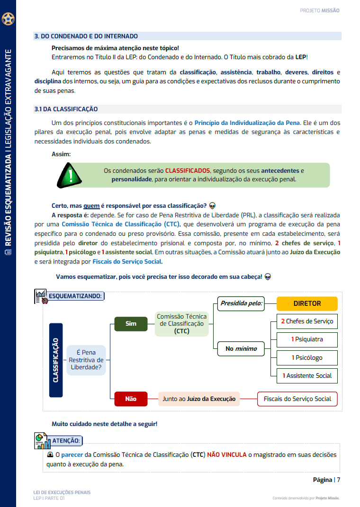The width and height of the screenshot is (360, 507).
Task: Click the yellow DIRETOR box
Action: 307,303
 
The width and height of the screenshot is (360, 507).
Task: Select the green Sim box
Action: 131,324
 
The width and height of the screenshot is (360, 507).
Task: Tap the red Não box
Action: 131,399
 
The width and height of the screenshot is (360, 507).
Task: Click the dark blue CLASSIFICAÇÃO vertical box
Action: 56,360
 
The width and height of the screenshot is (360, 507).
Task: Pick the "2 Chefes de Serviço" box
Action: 307,321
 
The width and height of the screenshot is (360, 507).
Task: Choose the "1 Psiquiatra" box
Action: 307,339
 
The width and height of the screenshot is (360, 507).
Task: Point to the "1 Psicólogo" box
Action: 307,357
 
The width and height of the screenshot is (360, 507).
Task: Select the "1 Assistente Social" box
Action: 307,375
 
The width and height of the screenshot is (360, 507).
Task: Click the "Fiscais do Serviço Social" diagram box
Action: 297,399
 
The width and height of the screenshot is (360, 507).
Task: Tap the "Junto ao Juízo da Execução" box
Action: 199,399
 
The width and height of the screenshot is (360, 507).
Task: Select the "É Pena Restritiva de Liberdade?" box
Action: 86,360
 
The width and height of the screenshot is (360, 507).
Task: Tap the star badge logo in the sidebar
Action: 8,19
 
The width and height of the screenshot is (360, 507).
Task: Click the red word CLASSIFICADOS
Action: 187,170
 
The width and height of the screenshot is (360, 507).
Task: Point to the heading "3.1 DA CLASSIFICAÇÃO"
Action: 66,109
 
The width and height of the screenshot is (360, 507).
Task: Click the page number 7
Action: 339,480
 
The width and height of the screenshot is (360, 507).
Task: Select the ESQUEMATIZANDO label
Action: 75,296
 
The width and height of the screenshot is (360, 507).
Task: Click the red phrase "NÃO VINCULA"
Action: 226,454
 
